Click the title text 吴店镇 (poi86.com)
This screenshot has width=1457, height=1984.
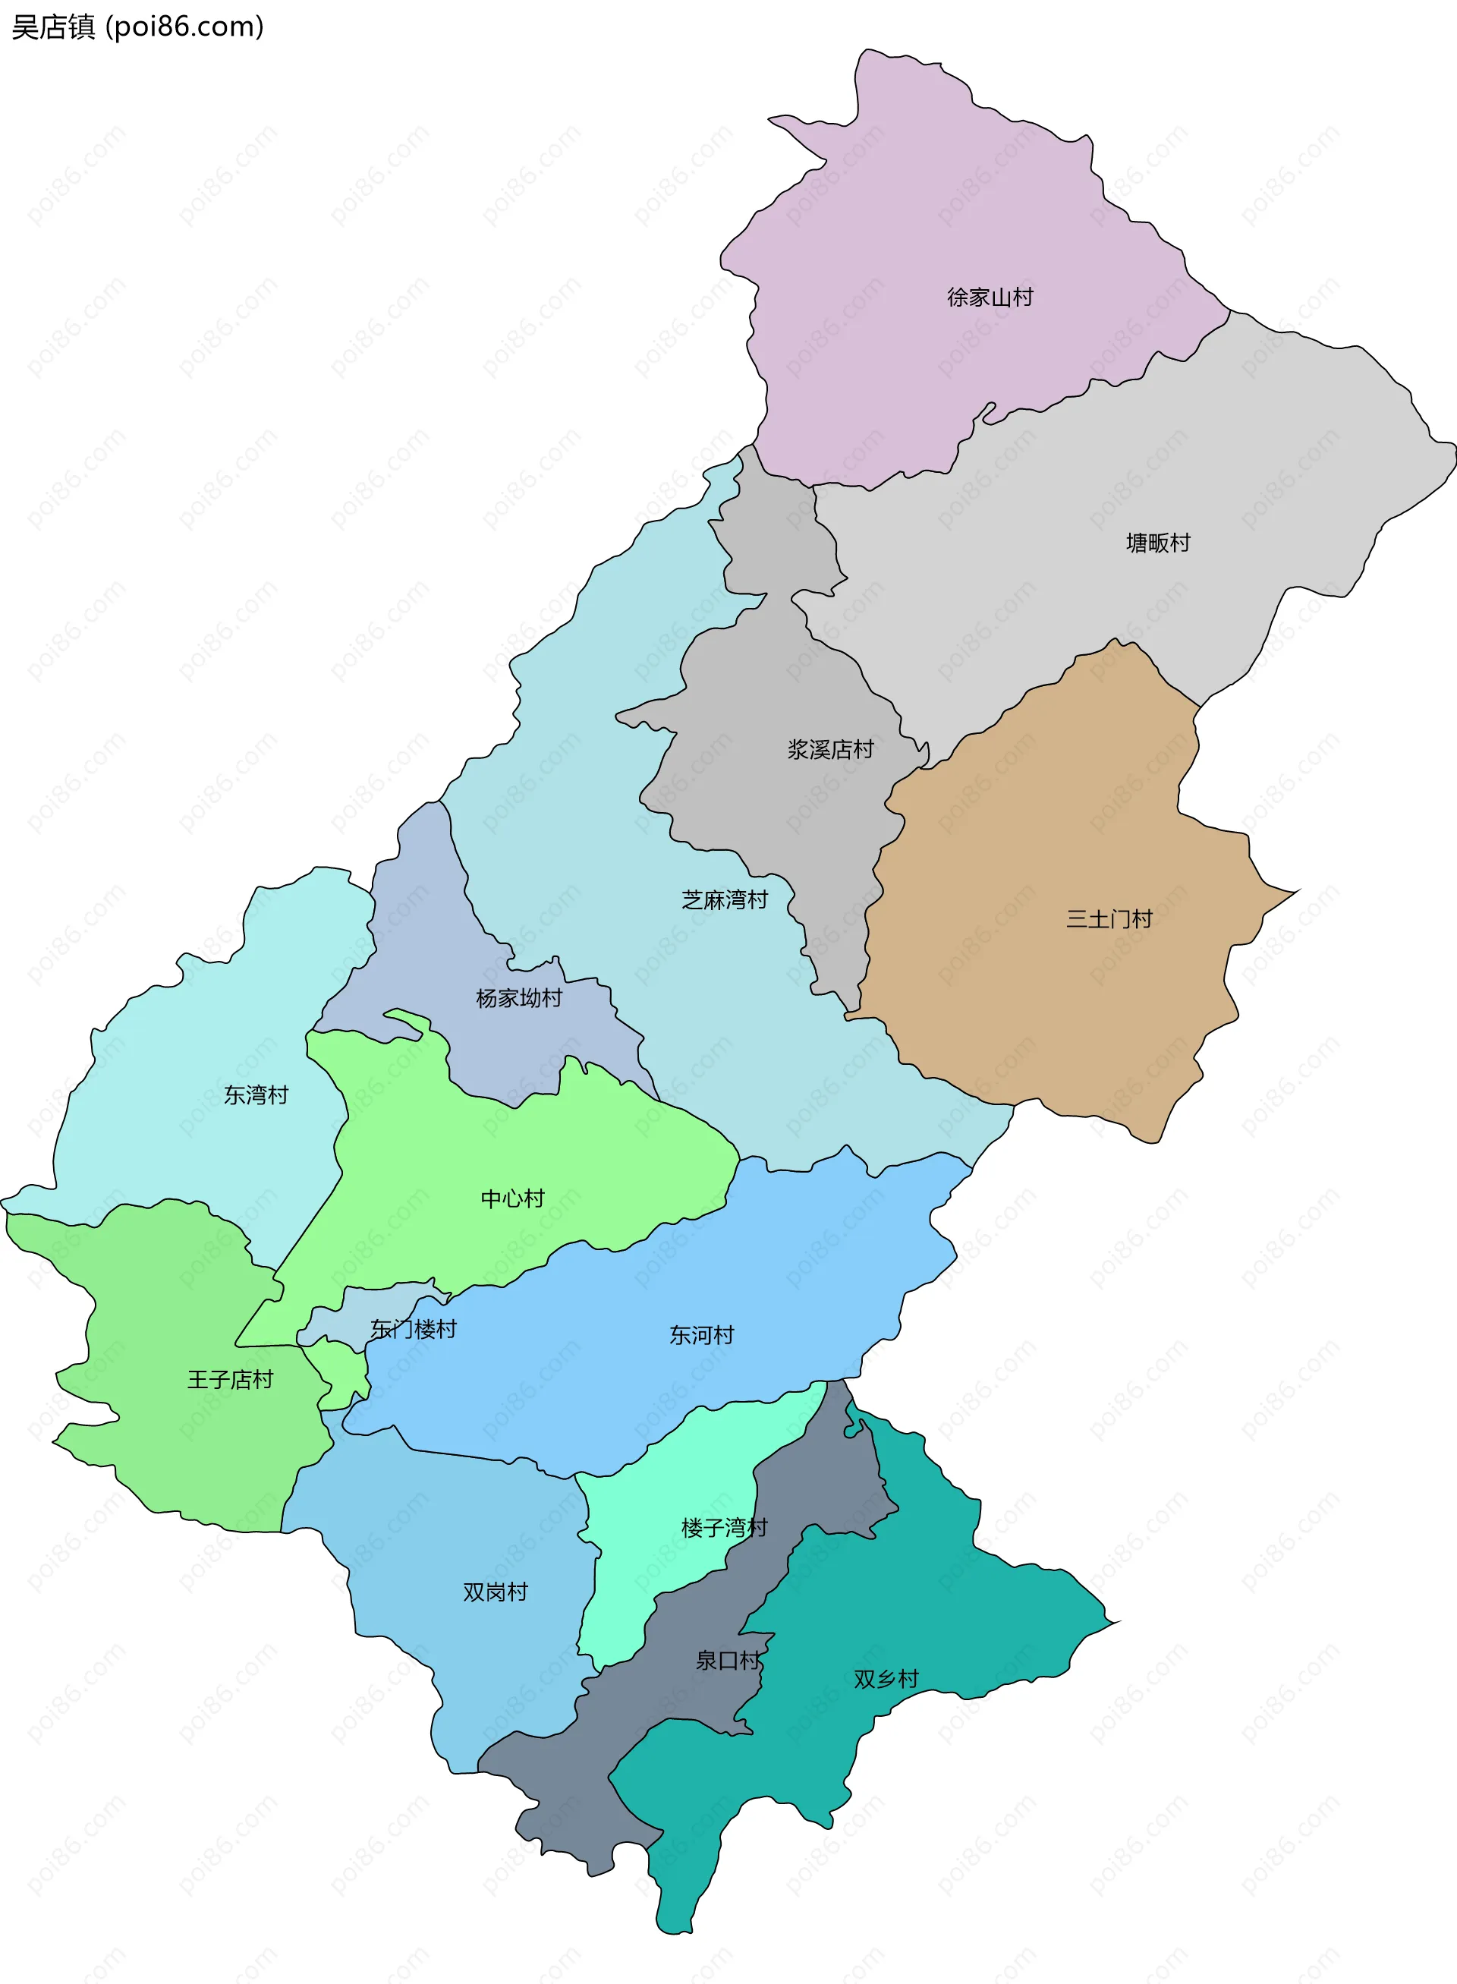click(137, 27)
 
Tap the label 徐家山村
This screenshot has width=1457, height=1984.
click(990, 298)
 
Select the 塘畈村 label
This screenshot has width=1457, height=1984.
click(1158, 543)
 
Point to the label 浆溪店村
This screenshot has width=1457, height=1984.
click(830, 749)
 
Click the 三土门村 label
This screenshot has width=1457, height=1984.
click(1109, 919)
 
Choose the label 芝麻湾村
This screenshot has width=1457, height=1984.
click(724, 900)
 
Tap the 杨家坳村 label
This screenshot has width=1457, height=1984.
click(518, 998)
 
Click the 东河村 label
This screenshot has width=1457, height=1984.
click(701, 1335)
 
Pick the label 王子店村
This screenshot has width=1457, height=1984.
click(229, 1379)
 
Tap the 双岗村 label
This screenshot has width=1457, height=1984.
click(495, 1592)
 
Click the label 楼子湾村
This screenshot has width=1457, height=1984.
click(724, 1527)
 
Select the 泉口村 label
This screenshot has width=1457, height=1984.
click(728, 1660)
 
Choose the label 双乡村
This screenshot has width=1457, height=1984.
click(886, 1679)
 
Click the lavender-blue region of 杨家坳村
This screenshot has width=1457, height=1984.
click(414, 935)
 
